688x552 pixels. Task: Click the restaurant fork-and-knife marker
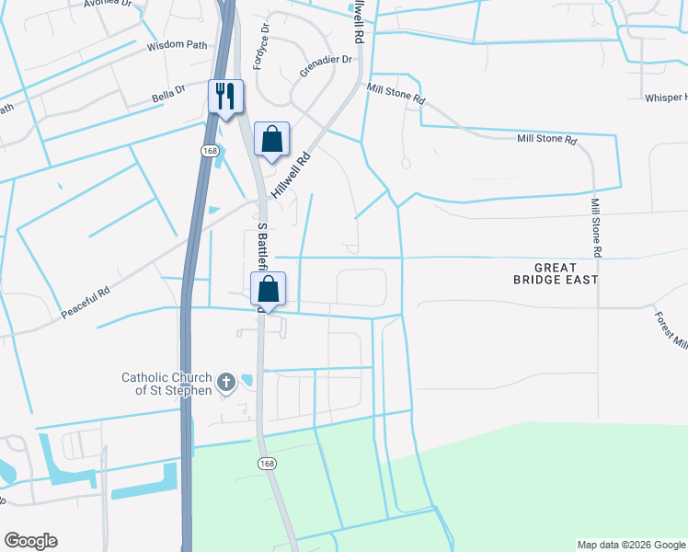pyautogui.click(x=226, y=97)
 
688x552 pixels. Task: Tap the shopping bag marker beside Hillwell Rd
pyautogui.click(x=271, y=141)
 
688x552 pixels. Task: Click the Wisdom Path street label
pyautogui.click(x=178, y=44)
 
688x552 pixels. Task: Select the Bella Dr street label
pyautogui.click(x=168, y=92)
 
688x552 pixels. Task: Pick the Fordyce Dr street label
pyautogui.click(x=265, y=41)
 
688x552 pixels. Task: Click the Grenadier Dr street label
pyautogui.click(x=327, y=66)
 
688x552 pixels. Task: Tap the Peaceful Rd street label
pyautogui.click(x=86, y=303)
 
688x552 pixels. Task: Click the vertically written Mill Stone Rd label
pyautogui.click(x=596, y=227)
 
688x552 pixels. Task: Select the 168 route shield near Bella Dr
pyautogui.click(x=209, y=148)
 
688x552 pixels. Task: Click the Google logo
pyautogui.click(x=30, y=541)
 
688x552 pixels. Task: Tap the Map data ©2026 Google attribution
pyautogui.click(x=630, y=545)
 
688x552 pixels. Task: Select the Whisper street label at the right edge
pyautogui.click(x=665, y=98)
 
